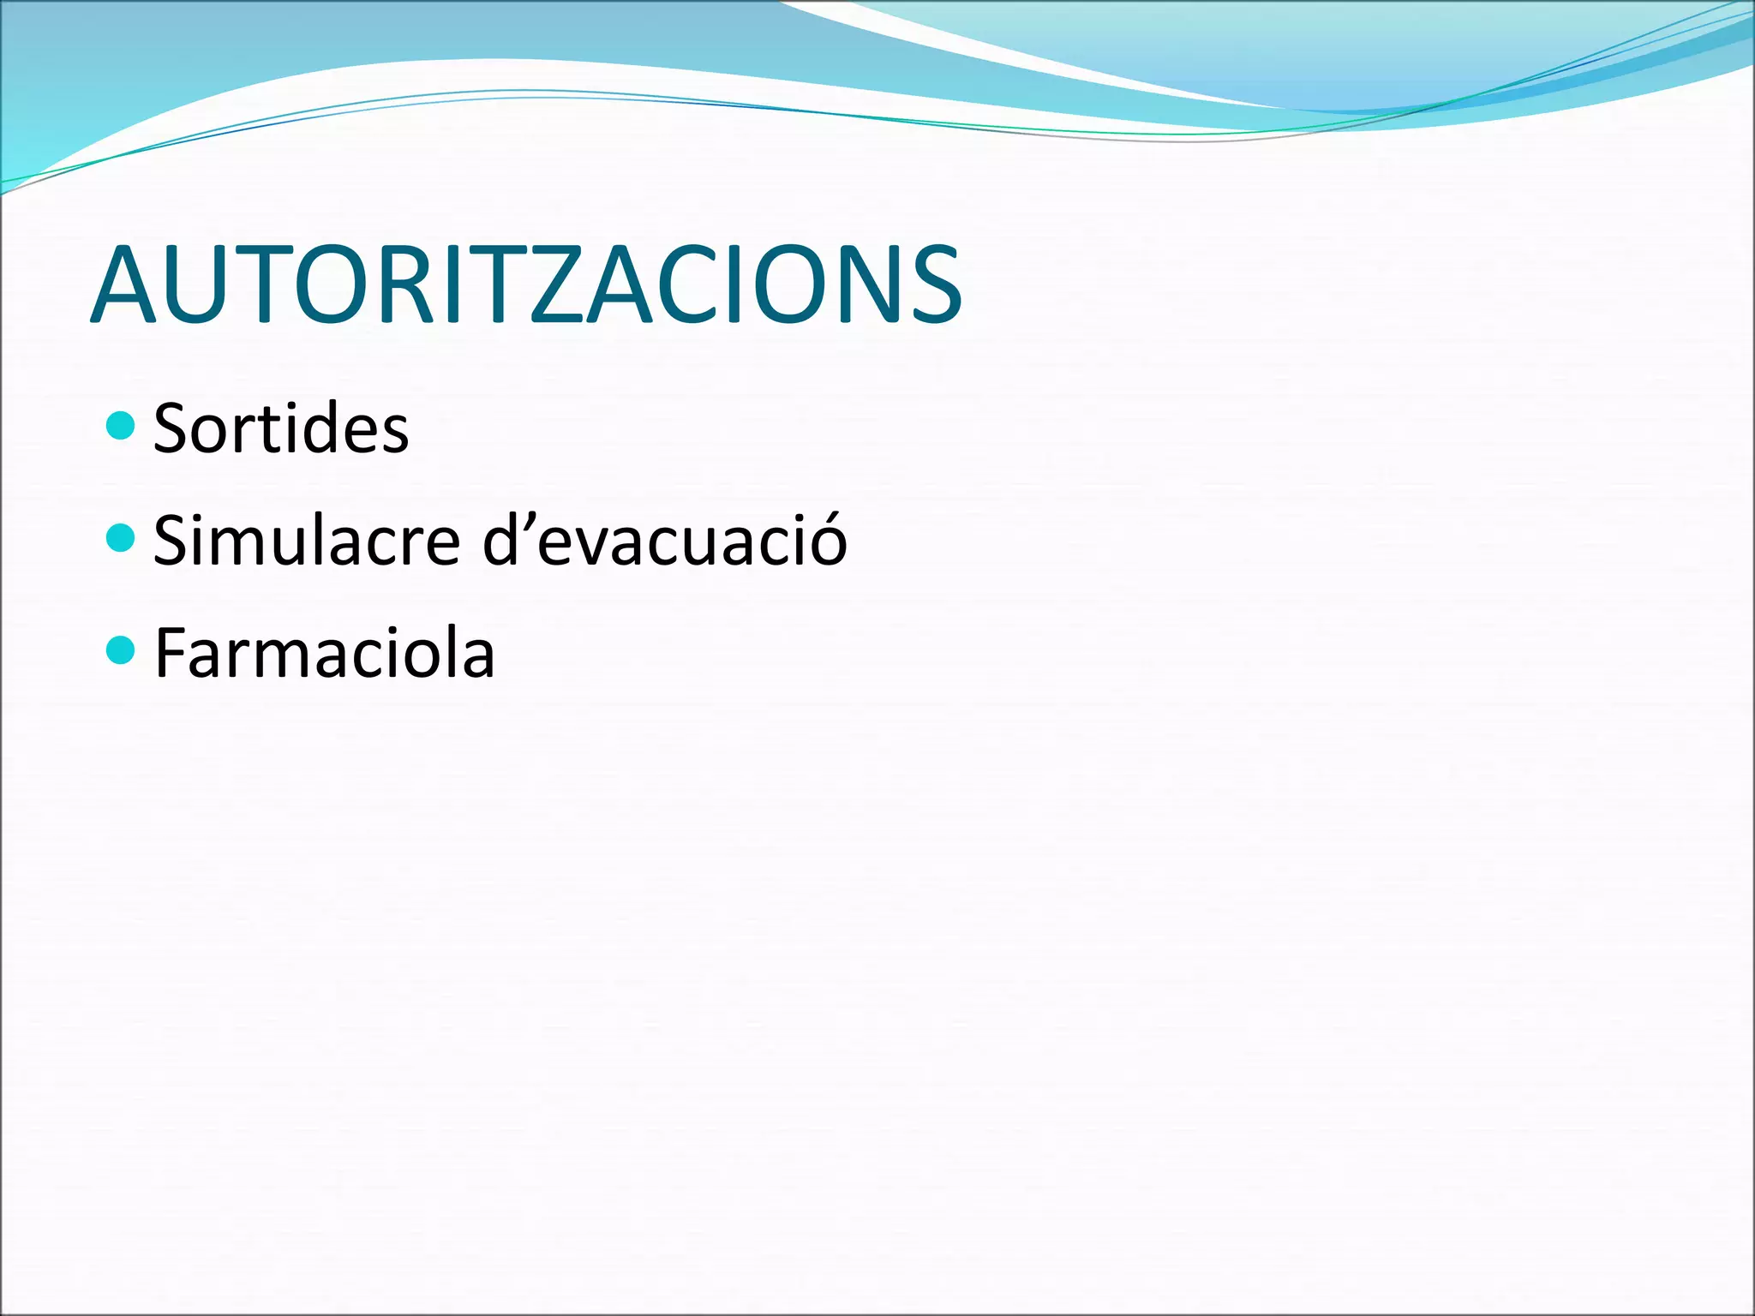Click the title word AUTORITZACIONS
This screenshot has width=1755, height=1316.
[x=526, y=284]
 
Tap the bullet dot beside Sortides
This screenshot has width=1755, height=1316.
[x=121, y=426]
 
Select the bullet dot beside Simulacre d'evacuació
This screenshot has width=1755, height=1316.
[x=121, y=538]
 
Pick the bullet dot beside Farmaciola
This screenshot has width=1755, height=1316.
[x=121, y=650]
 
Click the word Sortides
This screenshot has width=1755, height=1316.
[x=281, y=428]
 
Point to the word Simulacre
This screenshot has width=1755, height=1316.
[x=307, y=541]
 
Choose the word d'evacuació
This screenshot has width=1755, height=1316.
[x=665, y=541]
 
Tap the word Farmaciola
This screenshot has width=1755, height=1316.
[x=324, y=654]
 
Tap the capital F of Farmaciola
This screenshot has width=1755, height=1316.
[x=171, y=652]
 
